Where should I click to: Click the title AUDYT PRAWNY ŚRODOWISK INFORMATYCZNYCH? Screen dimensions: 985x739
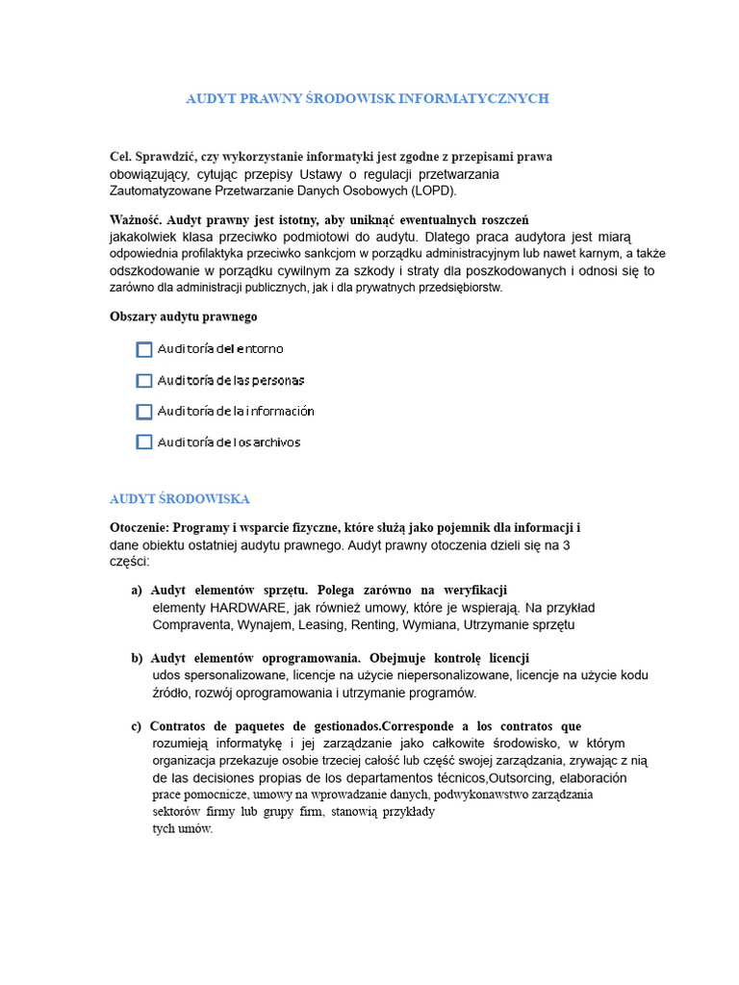point(367,99)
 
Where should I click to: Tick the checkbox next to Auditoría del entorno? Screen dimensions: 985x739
point(144,350)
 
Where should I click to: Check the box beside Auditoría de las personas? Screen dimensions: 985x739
point(144,381)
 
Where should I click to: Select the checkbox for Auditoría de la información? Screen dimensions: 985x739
point(144,412)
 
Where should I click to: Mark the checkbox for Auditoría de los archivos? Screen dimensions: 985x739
point(144,442)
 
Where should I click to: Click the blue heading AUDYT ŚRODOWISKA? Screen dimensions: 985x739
point(180,499)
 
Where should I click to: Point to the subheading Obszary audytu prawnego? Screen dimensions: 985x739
point(184,316)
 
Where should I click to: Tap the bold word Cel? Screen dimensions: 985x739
point(121,156)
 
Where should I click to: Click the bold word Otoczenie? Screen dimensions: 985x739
point(140,528)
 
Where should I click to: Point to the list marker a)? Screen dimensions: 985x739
point(137,590)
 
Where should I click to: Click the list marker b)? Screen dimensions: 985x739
point(137,658)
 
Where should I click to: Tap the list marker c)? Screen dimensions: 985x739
point(137,726)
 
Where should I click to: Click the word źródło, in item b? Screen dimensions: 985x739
point(174,693)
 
